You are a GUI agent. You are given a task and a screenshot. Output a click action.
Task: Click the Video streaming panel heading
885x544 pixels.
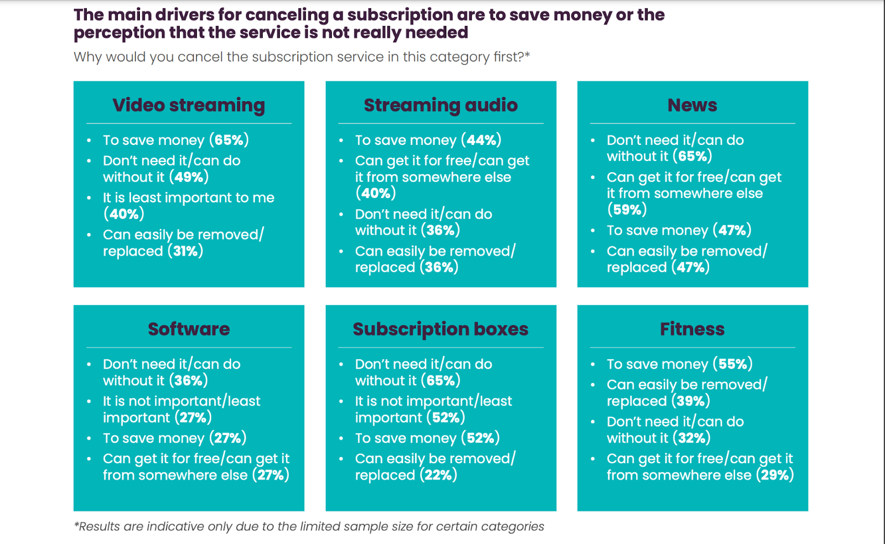(189, 105)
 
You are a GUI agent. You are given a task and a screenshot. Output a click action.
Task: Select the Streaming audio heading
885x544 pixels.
(440, 105)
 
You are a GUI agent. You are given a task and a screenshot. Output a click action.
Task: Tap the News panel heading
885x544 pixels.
(692, 105)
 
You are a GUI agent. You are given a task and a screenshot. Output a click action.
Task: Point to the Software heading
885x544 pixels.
(189, 329)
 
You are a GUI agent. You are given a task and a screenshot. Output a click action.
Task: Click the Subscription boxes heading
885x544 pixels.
(440, 329)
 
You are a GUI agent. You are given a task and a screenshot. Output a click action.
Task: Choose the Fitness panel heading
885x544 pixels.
(692, 329)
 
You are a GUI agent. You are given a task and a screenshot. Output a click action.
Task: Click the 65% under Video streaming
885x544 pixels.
(229, 140)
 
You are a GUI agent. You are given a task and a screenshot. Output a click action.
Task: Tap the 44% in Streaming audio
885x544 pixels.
(481, 140)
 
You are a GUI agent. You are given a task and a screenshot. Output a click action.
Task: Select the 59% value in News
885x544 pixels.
(627, 210)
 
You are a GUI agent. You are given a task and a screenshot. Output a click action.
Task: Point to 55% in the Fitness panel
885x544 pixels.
(732, 364)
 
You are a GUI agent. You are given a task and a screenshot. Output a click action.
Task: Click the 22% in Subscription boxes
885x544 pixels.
(438, 475)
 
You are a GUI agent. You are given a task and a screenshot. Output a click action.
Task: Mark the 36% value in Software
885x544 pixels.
(188, 381)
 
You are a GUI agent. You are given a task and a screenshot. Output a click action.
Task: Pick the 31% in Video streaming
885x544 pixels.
(185, 251)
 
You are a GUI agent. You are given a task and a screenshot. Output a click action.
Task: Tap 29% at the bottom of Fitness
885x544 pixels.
(774, 475)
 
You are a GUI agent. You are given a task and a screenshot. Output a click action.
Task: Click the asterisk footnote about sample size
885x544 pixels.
(309, 526)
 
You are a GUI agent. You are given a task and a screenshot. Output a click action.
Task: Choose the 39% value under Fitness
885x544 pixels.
(690, 401)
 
